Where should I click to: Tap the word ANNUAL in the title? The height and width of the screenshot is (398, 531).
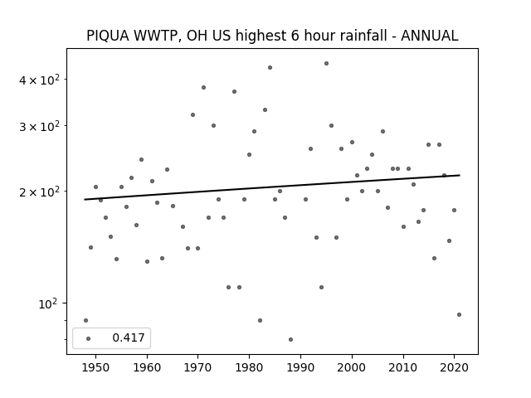coord(430,36)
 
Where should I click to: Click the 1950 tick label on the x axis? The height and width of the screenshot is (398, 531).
coord(95,367)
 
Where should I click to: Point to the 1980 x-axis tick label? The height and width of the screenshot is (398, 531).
coord(249,367)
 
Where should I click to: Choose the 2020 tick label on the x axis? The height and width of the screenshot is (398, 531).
coord(454,367)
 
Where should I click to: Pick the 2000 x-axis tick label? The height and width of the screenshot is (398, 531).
coord(352,367)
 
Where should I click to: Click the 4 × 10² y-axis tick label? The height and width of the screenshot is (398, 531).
coord(39,80)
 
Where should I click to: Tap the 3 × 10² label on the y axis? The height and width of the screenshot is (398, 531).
coord(39,127)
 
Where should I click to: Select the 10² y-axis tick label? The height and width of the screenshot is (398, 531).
coord(48,304)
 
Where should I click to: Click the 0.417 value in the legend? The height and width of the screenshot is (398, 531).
coord(129,337)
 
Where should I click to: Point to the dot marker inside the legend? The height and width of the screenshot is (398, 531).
coord(89,338)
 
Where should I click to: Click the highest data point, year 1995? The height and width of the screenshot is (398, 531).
coord(326,63)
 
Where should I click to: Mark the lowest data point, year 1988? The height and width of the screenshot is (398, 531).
coord(290,339)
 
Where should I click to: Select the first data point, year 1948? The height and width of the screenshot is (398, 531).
coord(85,321)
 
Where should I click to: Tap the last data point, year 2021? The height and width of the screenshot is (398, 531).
coord(459,315)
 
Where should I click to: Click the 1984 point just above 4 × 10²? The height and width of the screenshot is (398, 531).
coord(270,68)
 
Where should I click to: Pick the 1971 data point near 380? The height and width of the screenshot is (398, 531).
coord(203,87)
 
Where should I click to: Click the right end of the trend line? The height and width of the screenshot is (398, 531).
coord(460,175)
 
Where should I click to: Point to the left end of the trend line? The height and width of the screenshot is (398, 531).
coord(85,199)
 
